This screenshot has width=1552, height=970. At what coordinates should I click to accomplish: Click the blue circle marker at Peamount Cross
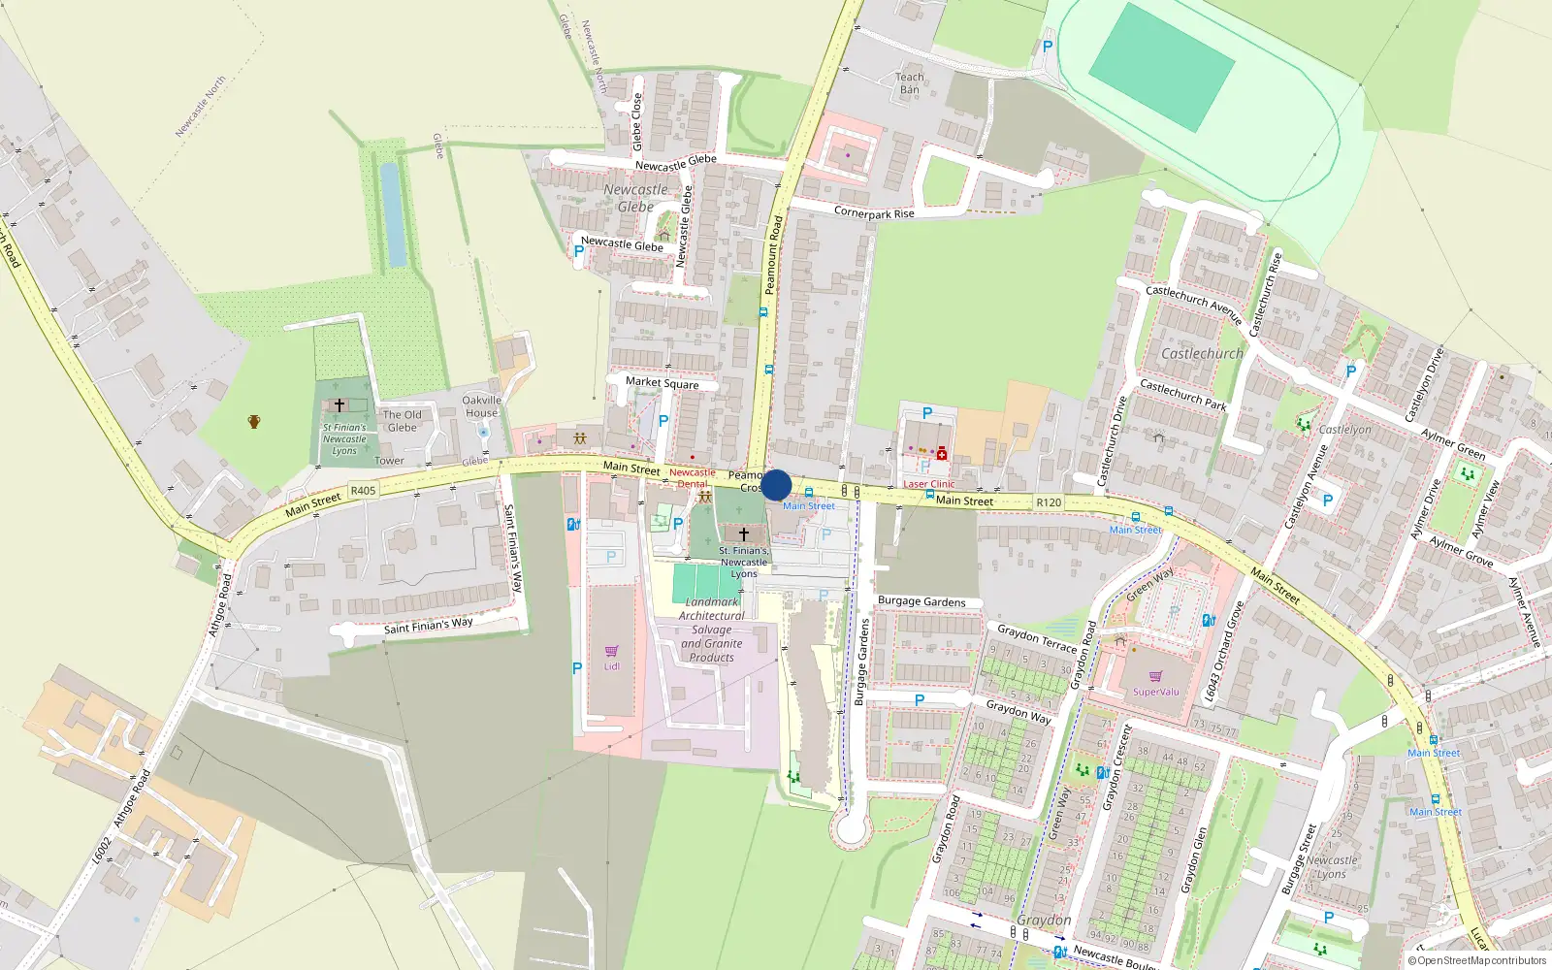[776, 485]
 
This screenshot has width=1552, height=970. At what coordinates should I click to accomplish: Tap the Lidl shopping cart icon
[611, 651]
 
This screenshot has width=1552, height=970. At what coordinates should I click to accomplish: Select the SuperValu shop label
[1156, 692]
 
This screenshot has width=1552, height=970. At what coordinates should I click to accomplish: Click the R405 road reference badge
[363, 491]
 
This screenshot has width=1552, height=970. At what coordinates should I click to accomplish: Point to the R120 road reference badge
[1049, 502]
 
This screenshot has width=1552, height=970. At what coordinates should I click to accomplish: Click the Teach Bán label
[909, 83]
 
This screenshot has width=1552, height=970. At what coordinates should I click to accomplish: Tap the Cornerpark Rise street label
[874, 212]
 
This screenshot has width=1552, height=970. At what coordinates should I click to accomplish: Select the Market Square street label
[662, 383]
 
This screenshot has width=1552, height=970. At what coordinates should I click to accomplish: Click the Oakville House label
[481, 406]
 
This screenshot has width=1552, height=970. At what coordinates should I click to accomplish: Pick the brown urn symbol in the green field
[254, 421]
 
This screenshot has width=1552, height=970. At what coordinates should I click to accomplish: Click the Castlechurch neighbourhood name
[1202, 354]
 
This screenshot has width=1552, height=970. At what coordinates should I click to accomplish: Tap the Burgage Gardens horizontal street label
[921, 601]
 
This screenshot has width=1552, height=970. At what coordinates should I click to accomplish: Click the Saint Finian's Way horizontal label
[428, 626]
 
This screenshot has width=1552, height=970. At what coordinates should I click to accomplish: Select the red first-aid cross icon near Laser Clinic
[941, 453]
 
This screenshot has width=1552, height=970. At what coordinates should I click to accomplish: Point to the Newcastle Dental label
[692, 478]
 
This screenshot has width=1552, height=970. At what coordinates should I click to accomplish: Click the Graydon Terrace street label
[1037, 637]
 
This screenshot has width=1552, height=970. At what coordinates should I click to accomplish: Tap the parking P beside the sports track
[1047, 46]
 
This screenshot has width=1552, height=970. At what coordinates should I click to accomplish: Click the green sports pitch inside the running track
[1161, 66]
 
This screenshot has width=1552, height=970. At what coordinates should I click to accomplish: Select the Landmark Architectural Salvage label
[712, 630]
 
